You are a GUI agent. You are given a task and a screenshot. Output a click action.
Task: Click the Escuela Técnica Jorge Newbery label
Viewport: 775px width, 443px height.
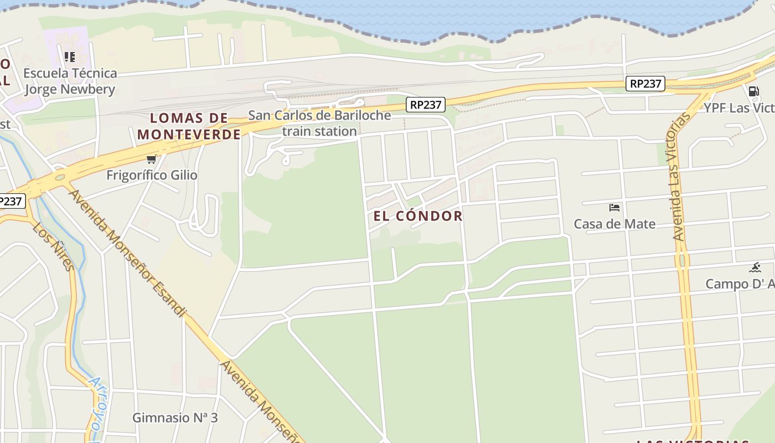click(70, 81)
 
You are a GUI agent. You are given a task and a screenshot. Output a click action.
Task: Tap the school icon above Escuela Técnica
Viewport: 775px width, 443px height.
click(70, 56)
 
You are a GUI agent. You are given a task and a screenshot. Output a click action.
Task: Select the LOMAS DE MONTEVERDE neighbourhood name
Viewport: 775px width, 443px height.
click(189, 126)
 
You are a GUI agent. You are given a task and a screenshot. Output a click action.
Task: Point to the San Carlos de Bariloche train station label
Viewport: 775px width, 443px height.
click(319, 123)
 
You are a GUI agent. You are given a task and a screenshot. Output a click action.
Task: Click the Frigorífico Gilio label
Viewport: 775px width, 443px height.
click(152, 175)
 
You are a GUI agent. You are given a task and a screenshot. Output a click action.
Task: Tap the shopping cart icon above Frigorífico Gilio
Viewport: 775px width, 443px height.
click(151, 159)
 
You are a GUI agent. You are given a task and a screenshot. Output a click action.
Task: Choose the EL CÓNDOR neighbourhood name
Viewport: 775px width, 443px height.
click(418, 216)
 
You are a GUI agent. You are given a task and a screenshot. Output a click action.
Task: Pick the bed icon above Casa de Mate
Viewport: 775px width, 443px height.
click(614, 208)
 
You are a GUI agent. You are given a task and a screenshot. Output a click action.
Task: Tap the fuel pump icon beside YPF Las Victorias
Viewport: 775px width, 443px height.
click(753, 91)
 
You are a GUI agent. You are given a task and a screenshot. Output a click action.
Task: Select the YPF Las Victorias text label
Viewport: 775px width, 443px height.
click(738, 107)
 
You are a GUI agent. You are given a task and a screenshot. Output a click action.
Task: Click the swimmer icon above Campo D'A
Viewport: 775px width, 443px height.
click(755, 268)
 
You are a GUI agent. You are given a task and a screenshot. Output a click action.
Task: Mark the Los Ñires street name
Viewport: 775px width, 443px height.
click(53, 246)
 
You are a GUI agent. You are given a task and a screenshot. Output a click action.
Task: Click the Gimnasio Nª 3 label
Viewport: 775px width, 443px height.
click(175, 418)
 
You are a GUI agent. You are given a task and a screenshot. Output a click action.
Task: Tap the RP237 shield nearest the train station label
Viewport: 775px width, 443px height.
click(425, 105)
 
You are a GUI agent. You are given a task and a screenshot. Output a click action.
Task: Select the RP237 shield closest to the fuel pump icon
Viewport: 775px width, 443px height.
click(645, 84)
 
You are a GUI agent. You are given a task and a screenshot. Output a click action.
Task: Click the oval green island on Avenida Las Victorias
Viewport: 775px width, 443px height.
click(681, 260)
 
